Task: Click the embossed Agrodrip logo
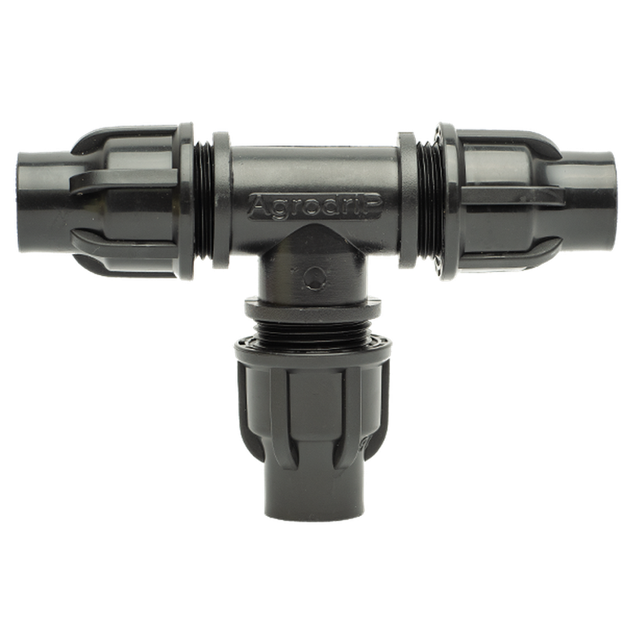pyautogui.click(x=315, y=206)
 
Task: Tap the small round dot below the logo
pyautogui.click(x=315, y=277)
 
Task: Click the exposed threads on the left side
pyautogui.click(x=203, y=201)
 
